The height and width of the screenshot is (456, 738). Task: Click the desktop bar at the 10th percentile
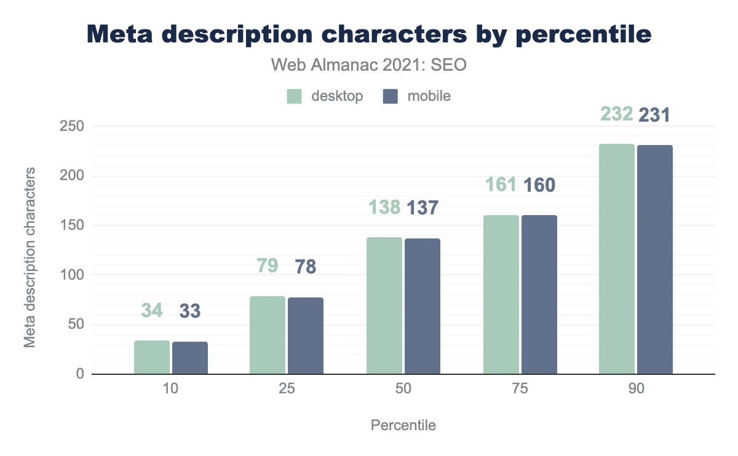(x=152, y=357)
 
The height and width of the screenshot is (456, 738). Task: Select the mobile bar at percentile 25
(x=306, y=336)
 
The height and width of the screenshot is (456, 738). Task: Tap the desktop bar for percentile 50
(x=384, y=305)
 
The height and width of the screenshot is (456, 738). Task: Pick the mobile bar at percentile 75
(x=539, y=294)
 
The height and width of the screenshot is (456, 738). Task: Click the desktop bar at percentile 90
(x=617, y=259)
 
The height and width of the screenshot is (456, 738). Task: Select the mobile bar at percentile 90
(x=655, y=259)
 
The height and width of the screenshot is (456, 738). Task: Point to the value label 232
(x=616, y=114)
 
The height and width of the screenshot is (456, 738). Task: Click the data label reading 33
(x=190, y=311)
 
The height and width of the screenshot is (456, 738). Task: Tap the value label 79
(x=268, y=266)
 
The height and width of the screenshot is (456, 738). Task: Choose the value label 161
(x=502, y=184)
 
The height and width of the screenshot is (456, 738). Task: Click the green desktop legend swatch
(x=295, y=96)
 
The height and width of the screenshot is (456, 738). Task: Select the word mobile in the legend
(x=429, y=96)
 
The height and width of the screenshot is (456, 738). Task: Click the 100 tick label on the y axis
(x=71, y=275)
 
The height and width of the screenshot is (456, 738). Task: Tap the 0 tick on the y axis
(x=78, y=374)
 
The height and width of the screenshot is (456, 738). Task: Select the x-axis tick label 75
(x=520, y=390)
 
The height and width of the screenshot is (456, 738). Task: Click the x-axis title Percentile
(x=403, y=425)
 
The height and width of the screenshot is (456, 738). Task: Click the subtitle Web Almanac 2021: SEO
(x=370, y=65)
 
